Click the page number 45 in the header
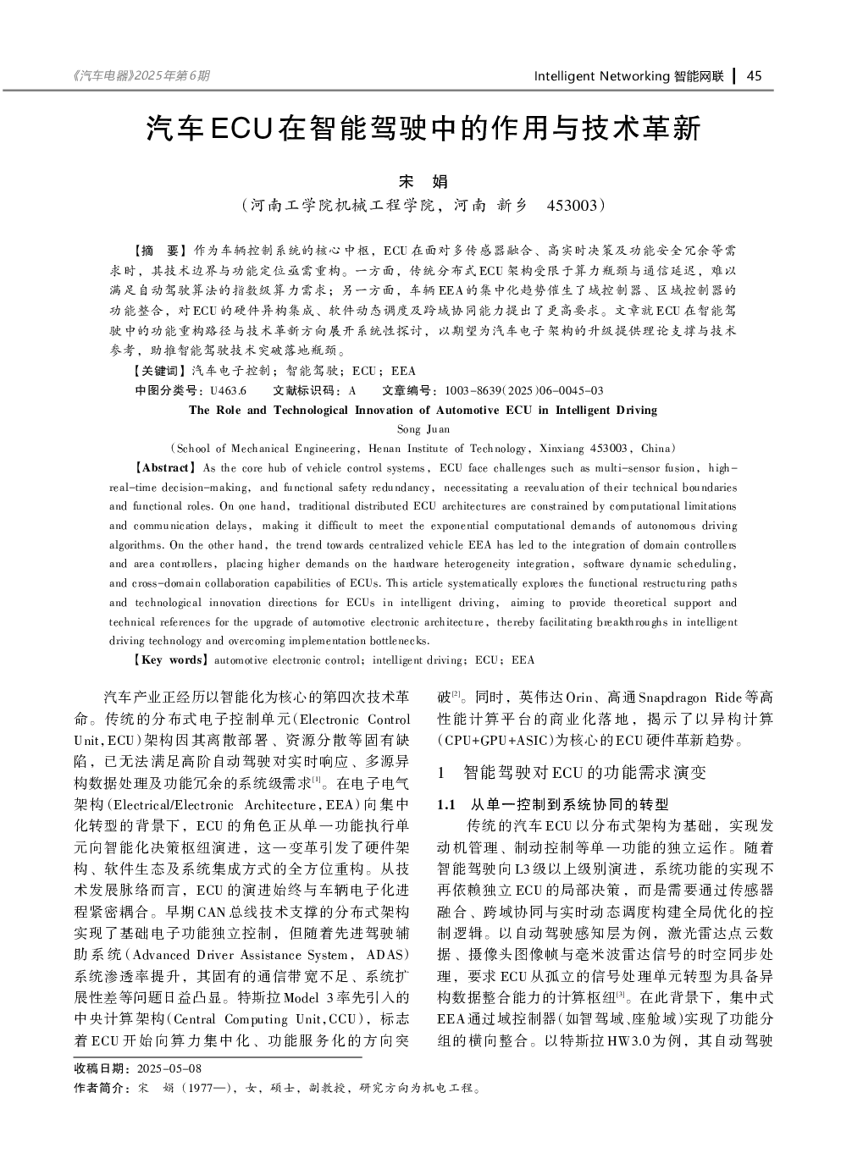(754, 76)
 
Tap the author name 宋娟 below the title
(423, 181)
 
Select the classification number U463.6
(228, 390)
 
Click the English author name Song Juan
(423, 429)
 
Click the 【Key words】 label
(169, 659)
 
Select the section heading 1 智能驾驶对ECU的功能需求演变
(572, 772)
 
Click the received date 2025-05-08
(169, 1068)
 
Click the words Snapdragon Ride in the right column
(689, 698)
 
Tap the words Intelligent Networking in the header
(601, 76)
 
